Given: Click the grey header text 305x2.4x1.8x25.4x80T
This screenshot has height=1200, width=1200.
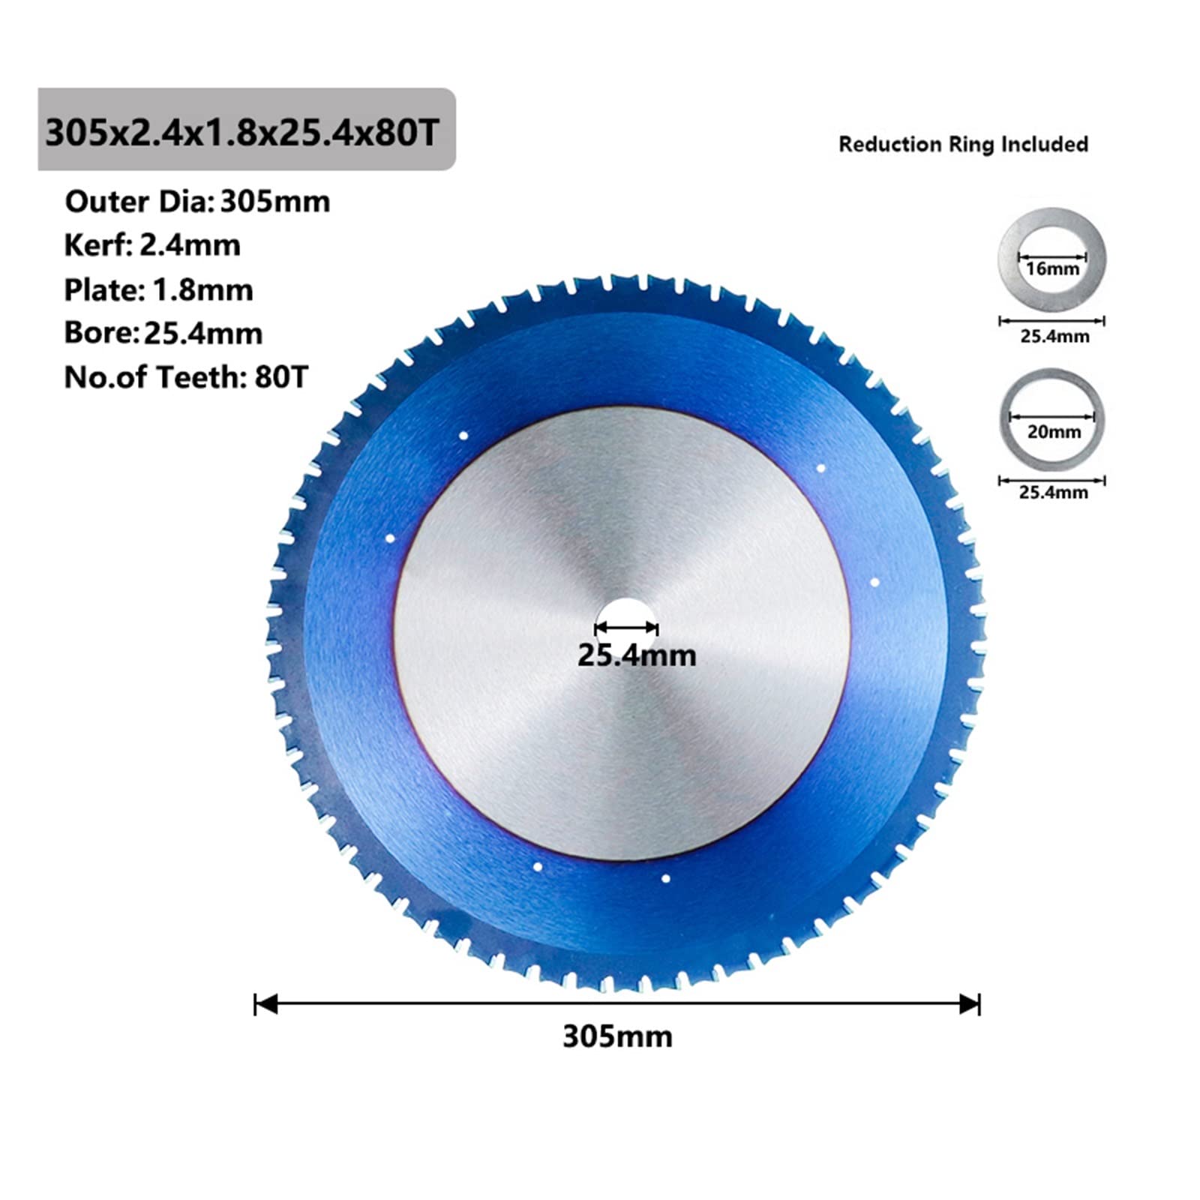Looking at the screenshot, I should (x=241, y=133).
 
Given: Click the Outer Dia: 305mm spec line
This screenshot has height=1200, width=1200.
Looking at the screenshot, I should (x=197, y=202).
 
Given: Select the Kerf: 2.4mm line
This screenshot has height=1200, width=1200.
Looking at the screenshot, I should (x=152, y=245).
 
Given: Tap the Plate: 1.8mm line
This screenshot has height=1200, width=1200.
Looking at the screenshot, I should (x=158, y=289).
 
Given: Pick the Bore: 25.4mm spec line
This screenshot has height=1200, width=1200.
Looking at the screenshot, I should (x=163, y=333).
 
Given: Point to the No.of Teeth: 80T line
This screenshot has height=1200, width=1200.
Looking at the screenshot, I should (x=186, y=376).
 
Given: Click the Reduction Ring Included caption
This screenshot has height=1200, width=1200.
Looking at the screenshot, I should (x=963, y=144).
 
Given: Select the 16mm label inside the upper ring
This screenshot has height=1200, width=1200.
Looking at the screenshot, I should (x=1052, y=268).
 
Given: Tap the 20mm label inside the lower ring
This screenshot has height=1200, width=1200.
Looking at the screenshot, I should (x=1054, y=432).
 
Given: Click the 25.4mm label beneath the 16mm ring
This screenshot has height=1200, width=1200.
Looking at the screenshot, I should (x=1054, y=336).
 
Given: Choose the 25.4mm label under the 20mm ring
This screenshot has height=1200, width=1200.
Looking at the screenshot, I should (x=1053, y=492).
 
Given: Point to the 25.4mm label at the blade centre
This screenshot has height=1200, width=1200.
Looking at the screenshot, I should (x=636, y=655).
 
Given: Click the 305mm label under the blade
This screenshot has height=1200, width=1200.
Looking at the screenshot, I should (x=617, y=1036).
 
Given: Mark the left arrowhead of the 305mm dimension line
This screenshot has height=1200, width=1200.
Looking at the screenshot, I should (x=264, y=1004).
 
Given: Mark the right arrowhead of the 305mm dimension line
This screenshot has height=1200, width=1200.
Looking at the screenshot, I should (x=971, y=1004).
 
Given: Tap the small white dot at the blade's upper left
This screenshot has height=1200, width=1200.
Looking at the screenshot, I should (x=463, y=436).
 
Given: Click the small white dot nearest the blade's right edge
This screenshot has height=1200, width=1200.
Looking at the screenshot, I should (x=874, y=582).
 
